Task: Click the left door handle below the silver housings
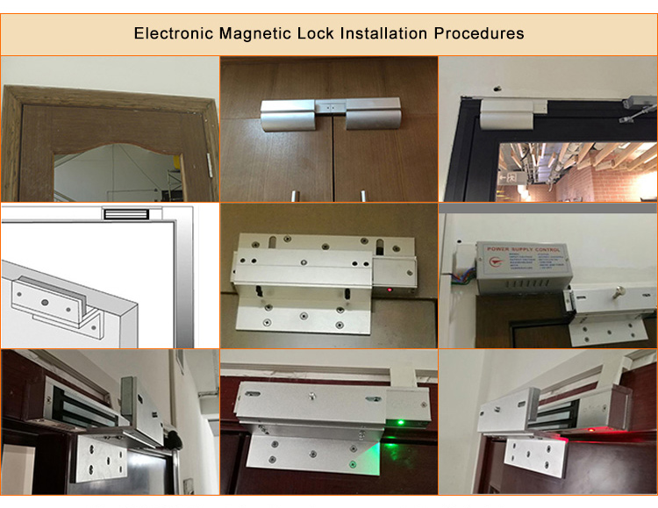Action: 288,193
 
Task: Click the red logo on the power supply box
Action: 496,261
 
